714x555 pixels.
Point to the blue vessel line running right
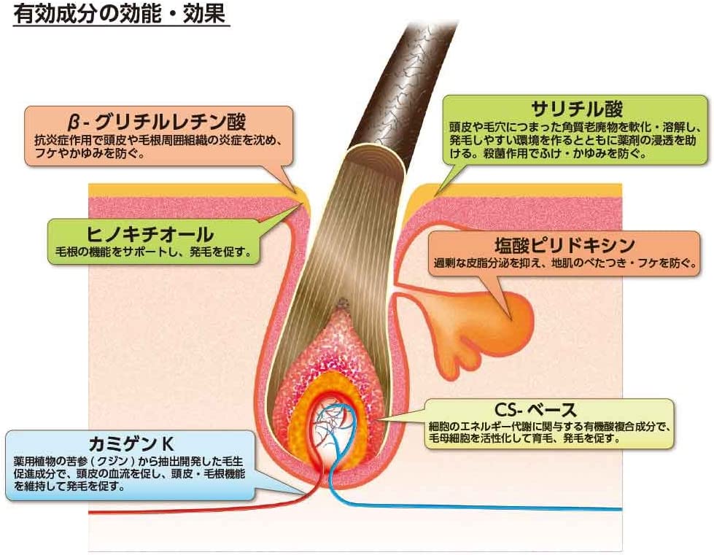point(511,505)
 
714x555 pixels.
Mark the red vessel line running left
point(146,505)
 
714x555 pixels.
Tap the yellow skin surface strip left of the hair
point(190,189)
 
